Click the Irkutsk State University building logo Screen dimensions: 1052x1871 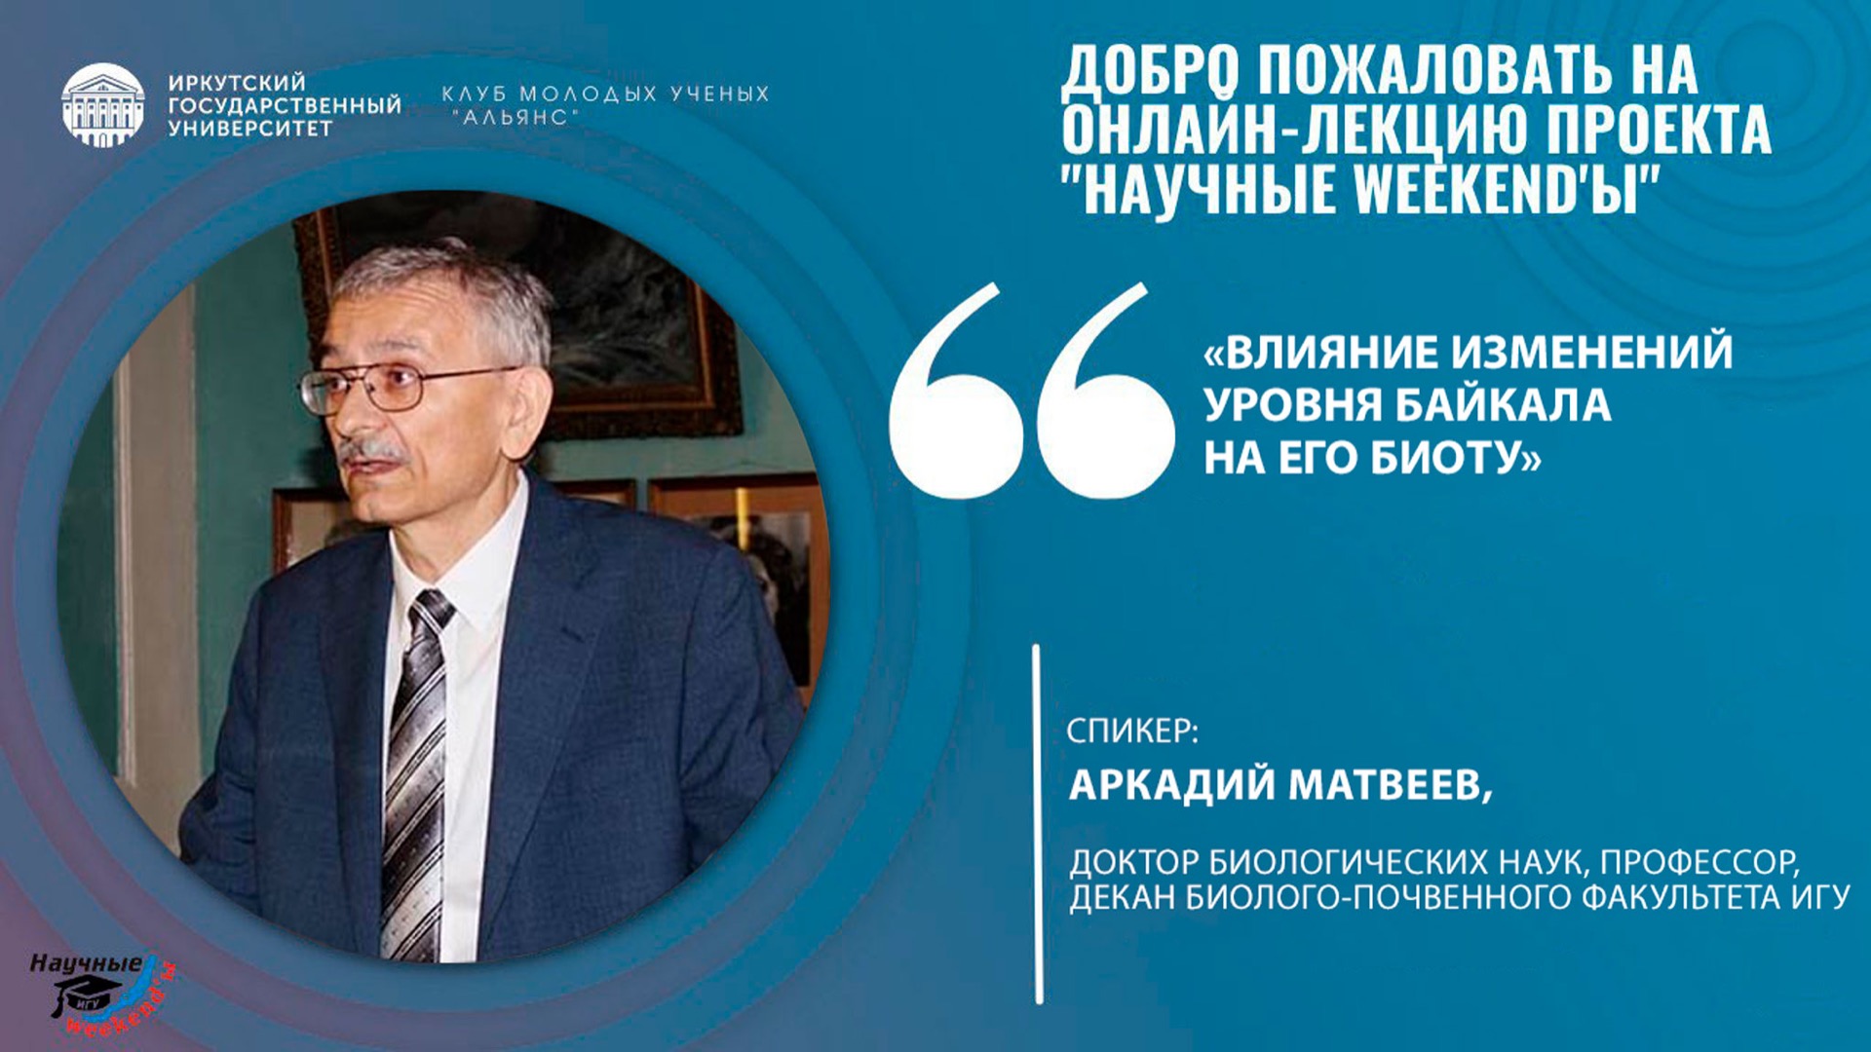pos(102,104)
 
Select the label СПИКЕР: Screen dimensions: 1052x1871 pos(1131,731)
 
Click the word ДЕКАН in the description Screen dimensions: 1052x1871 pos(1121,897)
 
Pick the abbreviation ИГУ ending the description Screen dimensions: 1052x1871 pos(1820,897)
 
